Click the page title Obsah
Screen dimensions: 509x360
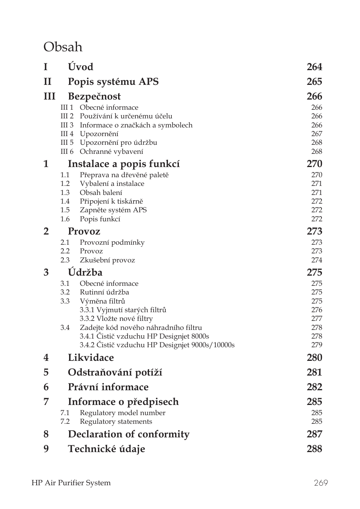63,47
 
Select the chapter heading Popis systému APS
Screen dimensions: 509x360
113,82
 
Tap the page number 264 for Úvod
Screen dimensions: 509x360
314,67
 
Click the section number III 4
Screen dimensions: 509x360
67,134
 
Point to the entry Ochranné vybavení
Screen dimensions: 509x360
111,152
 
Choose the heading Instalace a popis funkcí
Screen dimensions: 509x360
123,164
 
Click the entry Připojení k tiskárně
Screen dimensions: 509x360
111,201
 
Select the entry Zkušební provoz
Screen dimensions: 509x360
107,260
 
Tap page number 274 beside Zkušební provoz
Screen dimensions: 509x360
316,260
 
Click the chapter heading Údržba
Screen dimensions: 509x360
85,273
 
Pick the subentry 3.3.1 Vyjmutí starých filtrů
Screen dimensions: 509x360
123,310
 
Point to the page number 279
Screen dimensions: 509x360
316,345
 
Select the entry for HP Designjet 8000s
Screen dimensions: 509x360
144,336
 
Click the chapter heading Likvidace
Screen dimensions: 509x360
91,358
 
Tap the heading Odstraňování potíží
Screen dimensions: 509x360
115,373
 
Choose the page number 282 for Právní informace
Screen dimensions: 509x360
314,387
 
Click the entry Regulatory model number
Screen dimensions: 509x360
122,413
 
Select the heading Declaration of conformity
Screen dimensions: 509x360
128,434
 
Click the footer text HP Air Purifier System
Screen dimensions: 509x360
71,483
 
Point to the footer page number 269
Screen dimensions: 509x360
320,483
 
